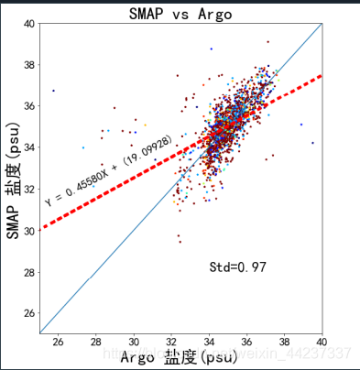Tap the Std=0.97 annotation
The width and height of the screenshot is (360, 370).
pyautogui.click(x=237, y=267)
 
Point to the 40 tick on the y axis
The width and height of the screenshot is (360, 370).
pyautogui.click(x=29, y=24)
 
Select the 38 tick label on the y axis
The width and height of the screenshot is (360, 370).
pyautogui.click(x=29, y=65)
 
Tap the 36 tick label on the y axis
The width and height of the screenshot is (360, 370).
pyautogui.click(x=29, y=106)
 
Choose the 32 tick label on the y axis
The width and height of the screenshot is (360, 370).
pyautogui.click(x=29, y=190)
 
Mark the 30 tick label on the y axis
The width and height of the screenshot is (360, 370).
pyautogui.click(x=29, y=231)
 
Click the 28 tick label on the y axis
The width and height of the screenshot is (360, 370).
pyautogui.click(x=29, y=272)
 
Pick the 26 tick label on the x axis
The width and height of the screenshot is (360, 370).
pyautogui.click(x=60, y=343)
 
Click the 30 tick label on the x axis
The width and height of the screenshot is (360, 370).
pyautogui.click(x=135, y=343)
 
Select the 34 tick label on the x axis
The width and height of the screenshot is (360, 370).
pyautogui.click(x=210, y=343)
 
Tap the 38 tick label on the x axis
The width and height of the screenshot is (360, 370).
pyautogui.click(x=285, y=343)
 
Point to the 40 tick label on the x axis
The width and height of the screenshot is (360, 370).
pyautogui.click(x=322, y=343)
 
